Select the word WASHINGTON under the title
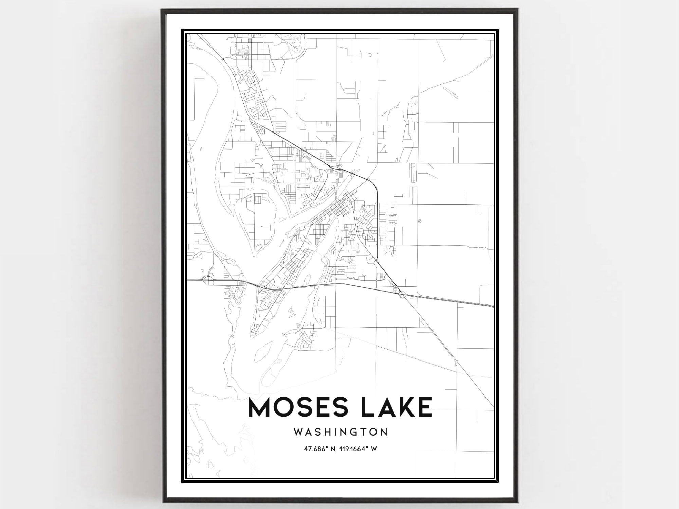pyautogui.click(x=341, y=432)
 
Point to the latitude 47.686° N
pyautogui.click(x=321, y=449)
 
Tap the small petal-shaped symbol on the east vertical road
pyautogui.click(x=420, y=221)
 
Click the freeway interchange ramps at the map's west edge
pyautogui.click(x=206, y=280)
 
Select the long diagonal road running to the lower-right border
pyautogui.click(x=452, y=357)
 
